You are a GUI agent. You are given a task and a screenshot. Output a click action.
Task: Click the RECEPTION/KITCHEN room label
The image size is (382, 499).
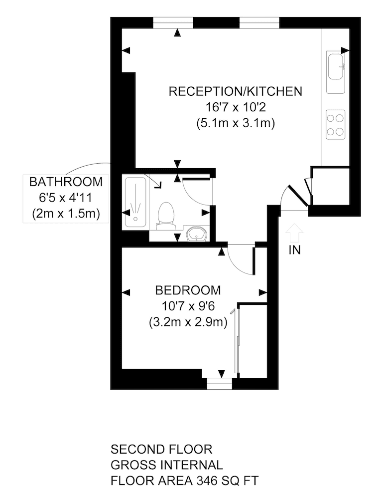tap(235, 92)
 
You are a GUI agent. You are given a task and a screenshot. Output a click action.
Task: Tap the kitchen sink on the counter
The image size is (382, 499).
tap(336, 66)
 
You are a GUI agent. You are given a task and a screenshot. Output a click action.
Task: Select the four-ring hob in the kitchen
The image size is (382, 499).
tap(336, 125)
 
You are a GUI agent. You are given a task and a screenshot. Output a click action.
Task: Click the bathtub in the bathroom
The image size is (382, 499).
tap(135, 201)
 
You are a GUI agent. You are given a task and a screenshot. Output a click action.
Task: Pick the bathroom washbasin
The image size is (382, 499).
tap(197, 233)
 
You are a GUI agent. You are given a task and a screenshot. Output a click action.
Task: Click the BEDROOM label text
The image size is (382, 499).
tap(188, 290)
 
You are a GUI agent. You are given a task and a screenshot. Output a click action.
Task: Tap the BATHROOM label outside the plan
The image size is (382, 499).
tap(66, 181)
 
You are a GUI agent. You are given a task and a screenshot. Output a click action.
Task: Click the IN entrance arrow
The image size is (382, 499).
tap(295, 232)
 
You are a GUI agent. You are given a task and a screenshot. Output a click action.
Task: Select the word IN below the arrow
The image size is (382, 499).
tap(295, 250)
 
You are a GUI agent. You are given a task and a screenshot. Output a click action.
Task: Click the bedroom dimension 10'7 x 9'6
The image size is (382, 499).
tap(188, 306)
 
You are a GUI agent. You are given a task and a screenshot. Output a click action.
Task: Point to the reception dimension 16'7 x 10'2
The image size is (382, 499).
tap(236, 107)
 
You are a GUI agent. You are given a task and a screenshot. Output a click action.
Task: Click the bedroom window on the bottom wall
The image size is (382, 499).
tap(220, 383)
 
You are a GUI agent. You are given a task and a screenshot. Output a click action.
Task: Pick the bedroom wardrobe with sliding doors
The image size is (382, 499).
tap(253, 340)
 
